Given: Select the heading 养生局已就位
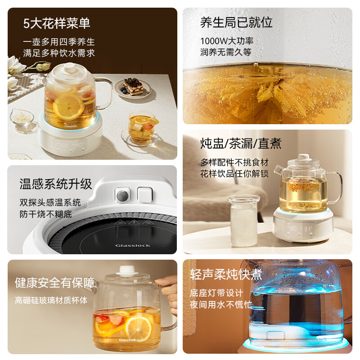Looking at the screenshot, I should point(236,22).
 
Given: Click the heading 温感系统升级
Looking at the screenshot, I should point(55,184).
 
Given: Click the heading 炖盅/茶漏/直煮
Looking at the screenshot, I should point(241,144).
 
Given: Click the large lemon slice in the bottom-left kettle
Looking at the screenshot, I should point(138,329).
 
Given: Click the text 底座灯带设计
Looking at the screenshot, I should point(223,293).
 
